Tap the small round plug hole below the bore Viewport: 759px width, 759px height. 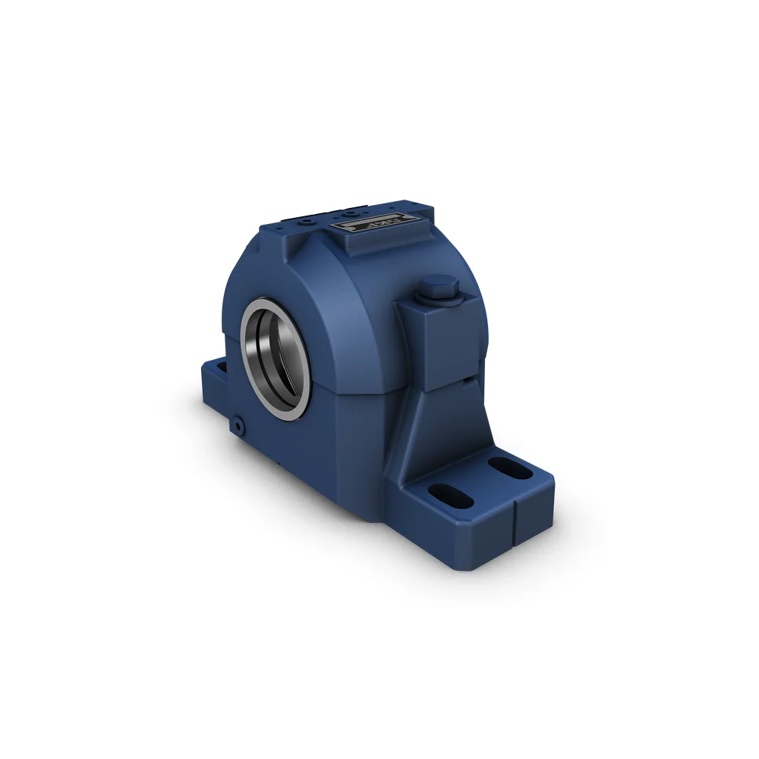click(240, 427)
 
